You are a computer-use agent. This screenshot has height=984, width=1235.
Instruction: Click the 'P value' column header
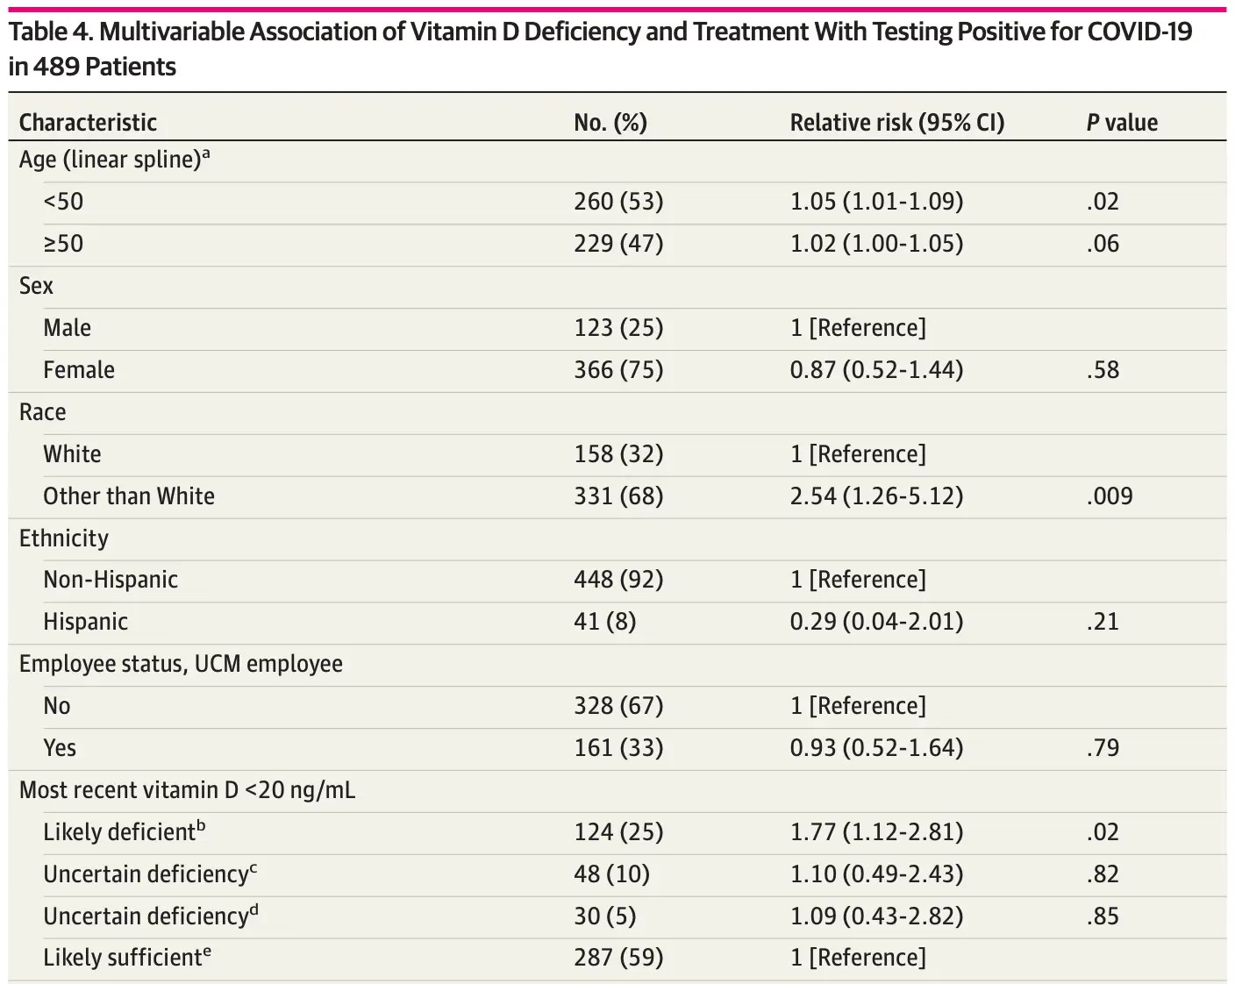[1121, 122]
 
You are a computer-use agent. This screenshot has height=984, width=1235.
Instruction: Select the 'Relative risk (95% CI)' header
[896, 122]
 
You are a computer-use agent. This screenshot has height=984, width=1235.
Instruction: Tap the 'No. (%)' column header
[610, 122]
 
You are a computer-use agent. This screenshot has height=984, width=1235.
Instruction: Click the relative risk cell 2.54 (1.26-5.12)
[875, 496]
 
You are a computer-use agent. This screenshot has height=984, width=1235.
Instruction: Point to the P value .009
[1109, 496]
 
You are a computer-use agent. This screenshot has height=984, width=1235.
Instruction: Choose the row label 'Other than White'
[129, 496]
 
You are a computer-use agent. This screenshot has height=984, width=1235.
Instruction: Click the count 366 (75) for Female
[618, 369]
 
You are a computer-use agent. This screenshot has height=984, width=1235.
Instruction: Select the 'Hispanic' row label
[85, 621]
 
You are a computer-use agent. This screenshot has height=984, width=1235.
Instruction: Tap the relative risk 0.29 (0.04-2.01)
[875, 621]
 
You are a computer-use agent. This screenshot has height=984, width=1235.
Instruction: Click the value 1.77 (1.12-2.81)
[875, 831]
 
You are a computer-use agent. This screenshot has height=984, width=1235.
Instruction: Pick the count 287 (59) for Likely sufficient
[618, 957]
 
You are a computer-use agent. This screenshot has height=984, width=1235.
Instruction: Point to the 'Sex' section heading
[36, 286]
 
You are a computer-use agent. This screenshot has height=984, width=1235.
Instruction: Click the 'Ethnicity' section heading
[63, 538]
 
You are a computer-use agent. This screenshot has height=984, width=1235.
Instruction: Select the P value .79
[1102, 747]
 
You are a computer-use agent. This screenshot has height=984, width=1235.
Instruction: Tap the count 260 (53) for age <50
[618, 201]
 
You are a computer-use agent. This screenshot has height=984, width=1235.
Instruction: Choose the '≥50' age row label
[63, 243]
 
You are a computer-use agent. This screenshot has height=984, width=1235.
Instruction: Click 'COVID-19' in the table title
[1139, 32]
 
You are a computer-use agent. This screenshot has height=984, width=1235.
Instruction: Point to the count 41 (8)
[604, 621]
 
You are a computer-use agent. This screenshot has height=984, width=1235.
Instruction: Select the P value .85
[1102, 916]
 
